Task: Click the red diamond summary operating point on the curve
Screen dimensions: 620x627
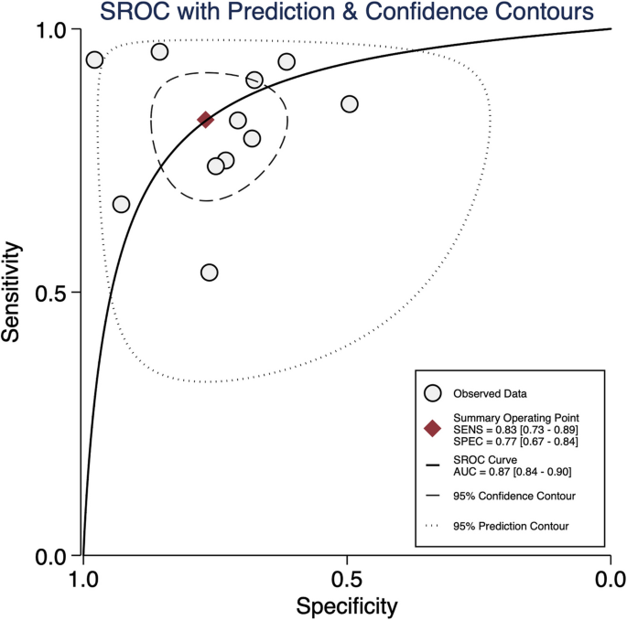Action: pos(205,119)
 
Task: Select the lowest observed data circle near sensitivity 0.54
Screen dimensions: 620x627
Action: pos(210,273)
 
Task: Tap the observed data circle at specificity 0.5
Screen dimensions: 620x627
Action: pos(350,104)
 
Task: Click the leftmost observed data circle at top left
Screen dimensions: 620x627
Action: pos(94,60)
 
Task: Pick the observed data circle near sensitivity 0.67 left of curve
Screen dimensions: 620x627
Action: pos(121,204)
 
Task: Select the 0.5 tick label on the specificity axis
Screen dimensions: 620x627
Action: pos(346,580)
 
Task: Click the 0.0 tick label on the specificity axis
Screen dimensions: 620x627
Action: pos(610,580)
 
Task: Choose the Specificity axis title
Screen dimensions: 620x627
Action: pos(346,605)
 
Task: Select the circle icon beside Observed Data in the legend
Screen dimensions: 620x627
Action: pos(435,394)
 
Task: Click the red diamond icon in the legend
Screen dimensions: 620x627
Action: pos(435,430)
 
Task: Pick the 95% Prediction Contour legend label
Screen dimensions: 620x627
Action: pos(511,526)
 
